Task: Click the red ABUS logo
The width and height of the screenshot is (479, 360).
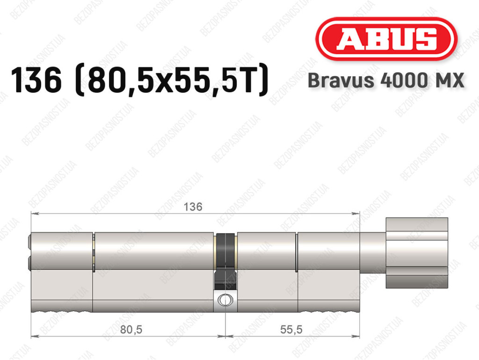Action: [x=386, y=39]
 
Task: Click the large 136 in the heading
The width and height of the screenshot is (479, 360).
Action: [x=36, y=80]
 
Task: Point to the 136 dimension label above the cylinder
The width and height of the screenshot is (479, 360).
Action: [x=193, y=207]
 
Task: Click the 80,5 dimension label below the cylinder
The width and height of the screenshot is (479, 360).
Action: [x=131, y=330]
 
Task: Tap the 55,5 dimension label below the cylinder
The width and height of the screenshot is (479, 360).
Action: [x=291, y=330]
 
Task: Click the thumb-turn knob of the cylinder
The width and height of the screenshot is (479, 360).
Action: [x=417, y=253]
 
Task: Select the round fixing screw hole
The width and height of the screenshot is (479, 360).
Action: [x=225, y=300]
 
